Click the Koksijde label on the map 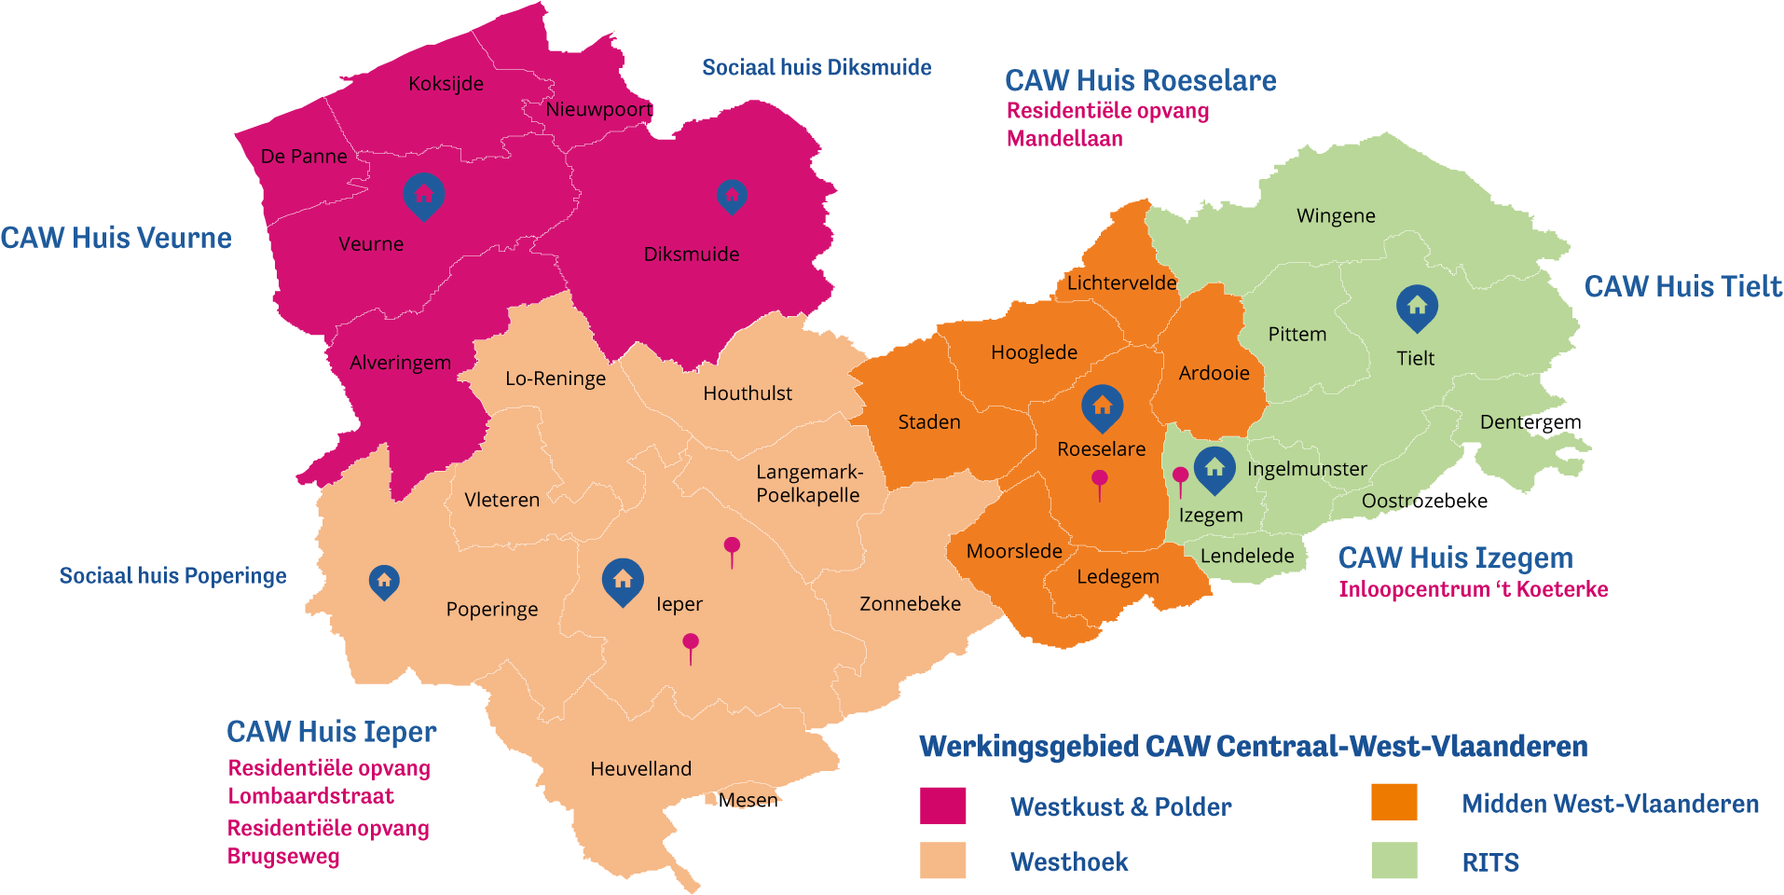446,84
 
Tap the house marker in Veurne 424,195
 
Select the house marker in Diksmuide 732,196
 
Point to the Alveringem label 400,363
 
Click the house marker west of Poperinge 384,581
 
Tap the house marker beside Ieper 623,581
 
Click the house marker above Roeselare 1102,406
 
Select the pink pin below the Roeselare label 1100,481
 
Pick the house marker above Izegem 1214,468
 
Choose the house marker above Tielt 1417,307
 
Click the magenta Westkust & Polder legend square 942,805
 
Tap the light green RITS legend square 1393,861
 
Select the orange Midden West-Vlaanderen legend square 1393,802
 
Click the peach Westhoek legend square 942,861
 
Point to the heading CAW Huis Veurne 116,238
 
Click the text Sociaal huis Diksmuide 817,67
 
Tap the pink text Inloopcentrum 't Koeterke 1473,589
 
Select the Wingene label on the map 1336,216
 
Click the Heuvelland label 640,769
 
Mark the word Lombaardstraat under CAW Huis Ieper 310,796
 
